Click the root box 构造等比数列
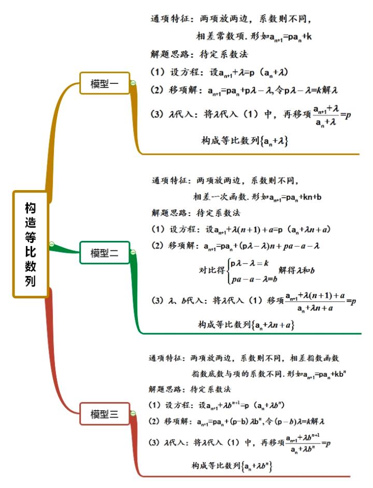30,244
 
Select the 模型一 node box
105,83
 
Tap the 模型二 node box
105,253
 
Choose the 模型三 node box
105,414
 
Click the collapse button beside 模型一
133,83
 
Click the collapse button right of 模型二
133,252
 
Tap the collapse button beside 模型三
133,413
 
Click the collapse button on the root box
52,244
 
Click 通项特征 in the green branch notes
169,180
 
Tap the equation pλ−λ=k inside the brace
250,263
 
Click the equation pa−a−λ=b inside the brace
254,279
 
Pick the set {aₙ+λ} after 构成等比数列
274,141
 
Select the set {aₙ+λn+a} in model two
272,325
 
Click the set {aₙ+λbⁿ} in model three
257,466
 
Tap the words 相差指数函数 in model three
314,358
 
